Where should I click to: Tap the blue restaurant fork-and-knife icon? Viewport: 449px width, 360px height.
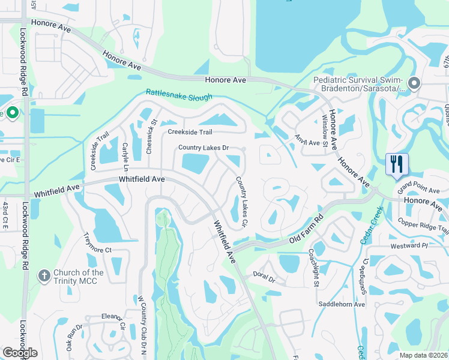397,163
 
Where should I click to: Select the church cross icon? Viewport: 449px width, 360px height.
44,276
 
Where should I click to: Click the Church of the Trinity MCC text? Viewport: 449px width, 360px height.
78,277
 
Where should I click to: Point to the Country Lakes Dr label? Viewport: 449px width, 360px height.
203,148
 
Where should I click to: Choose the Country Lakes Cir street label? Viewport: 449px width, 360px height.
242,201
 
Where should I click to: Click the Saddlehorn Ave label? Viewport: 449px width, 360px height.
342,304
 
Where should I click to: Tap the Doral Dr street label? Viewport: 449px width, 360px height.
264,280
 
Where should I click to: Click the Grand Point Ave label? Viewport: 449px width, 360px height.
418,187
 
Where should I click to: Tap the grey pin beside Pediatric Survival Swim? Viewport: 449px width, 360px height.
413,83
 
